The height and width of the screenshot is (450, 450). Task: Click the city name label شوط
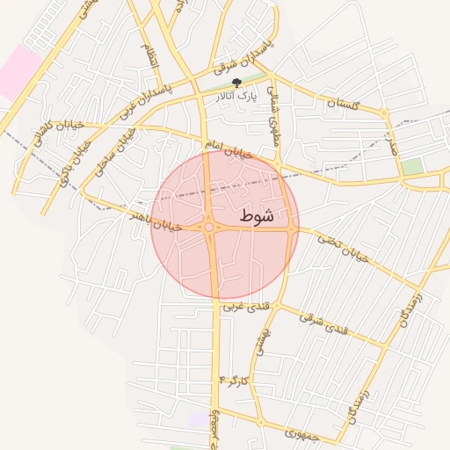click(256, 215)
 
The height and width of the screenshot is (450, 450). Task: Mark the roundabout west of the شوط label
click(209, 228)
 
